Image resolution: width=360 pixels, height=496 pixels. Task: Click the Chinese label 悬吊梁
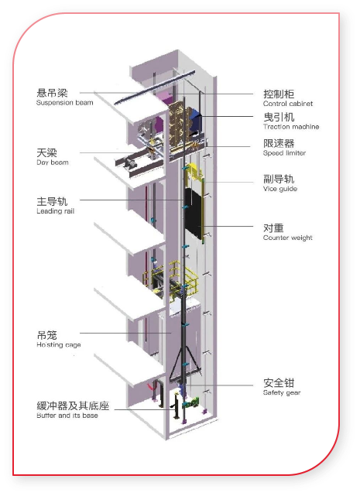[52, 93]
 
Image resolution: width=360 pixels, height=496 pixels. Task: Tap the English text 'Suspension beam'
[64, 103]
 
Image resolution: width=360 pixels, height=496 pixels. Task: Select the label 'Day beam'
[53, 162]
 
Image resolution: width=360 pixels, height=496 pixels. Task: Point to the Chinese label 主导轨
[52, 201]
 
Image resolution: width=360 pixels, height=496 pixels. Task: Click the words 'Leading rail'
[56, 211]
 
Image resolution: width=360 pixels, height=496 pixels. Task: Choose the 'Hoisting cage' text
[59, 345]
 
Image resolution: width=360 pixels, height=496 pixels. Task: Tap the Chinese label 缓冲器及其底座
[73, 405]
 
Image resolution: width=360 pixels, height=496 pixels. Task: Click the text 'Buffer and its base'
[67, 416]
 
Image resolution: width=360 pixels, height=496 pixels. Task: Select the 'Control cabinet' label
[288, 104]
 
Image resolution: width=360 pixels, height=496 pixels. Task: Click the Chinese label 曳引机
[279, 117]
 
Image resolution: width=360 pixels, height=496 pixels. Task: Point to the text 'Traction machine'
[291, 127]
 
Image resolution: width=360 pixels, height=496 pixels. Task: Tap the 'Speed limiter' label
[284, 153]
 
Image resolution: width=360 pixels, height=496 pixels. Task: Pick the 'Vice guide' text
[280, 189]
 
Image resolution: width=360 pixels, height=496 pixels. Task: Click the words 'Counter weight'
[288, 238]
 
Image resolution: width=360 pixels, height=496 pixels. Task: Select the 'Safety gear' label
[282, 392]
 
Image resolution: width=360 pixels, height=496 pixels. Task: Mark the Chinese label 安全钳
[279, 383]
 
